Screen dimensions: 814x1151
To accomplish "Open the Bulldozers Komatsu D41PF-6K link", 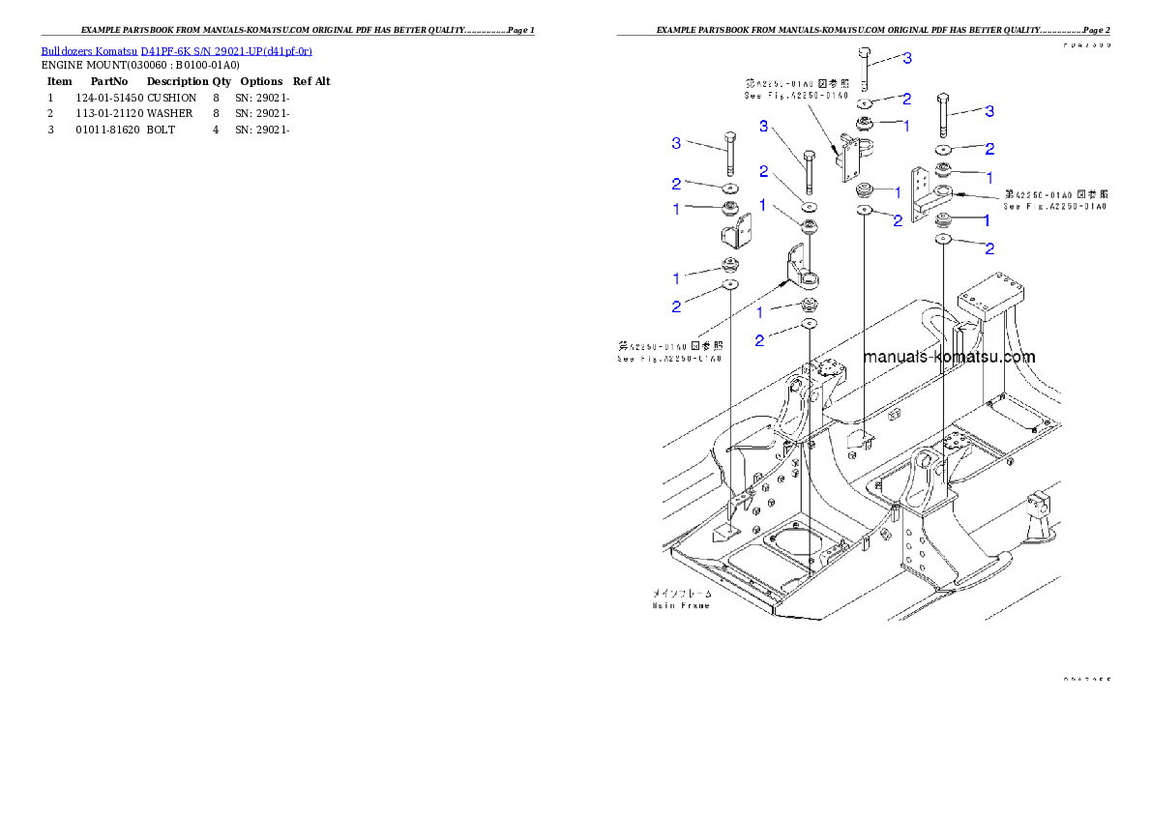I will (x=176, y=50).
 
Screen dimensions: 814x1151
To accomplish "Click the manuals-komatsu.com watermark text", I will (x=948, y=357).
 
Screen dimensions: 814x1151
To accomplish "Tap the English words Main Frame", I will (x=680, y=606).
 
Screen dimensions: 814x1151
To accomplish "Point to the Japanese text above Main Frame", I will (x=681, y=593).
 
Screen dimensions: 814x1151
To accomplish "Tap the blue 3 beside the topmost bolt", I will (x=906, y=60).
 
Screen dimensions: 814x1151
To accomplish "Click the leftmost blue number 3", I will (x=677, y=144).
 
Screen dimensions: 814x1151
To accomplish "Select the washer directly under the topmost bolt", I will (x=867, y=102).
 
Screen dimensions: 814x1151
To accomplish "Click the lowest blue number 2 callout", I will (x=759, y=340).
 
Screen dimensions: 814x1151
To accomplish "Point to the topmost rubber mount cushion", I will (x=867, y=124).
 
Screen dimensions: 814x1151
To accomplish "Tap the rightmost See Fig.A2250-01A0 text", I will (x=1055, y=207).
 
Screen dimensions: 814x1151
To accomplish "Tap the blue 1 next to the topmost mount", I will (x=906, y=126).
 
